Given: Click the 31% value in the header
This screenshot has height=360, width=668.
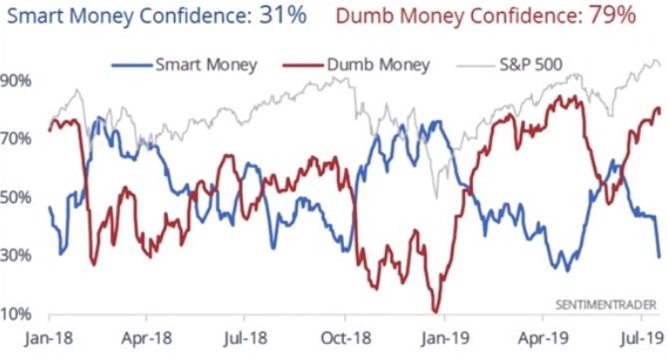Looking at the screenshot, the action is [283, 15].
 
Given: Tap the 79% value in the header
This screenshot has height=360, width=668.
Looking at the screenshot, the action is [612, 15].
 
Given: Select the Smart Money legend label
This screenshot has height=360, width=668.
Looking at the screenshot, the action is [206, 65].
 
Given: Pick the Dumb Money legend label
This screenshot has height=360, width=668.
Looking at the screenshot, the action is [379, 65].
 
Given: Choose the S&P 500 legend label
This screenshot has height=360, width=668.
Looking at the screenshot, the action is [531, 65].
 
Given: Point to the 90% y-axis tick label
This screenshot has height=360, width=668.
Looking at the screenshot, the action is [15, 81].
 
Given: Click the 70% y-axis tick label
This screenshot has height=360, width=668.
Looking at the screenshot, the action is [15, 139].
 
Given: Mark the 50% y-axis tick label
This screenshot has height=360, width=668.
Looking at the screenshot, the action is [15, 197].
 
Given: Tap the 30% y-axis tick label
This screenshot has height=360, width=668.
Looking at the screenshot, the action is [15, 256].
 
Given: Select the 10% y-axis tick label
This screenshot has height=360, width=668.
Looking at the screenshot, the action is [15, 314].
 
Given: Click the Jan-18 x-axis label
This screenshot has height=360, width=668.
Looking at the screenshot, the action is [49, 338].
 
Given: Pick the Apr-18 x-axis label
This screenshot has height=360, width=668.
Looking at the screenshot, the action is [146, 338].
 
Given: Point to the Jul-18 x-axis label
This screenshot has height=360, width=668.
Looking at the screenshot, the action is [246, 338].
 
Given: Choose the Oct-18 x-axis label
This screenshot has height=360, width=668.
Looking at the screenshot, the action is [346, 338].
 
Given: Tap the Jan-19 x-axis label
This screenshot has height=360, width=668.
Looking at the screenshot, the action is [445, 338].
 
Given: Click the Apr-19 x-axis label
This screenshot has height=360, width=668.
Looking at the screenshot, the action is [543, 338].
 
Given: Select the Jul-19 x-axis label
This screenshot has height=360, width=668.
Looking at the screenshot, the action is [642, 338].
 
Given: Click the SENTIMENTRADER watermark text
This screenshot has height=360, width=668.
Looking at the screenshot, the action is [605, 305].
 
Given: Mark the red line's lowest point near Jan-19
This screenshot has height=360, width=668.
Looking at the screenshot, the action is [435, 312].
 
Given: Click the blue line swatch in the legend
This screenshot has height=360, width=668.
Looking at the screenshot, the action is [131, 66].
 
